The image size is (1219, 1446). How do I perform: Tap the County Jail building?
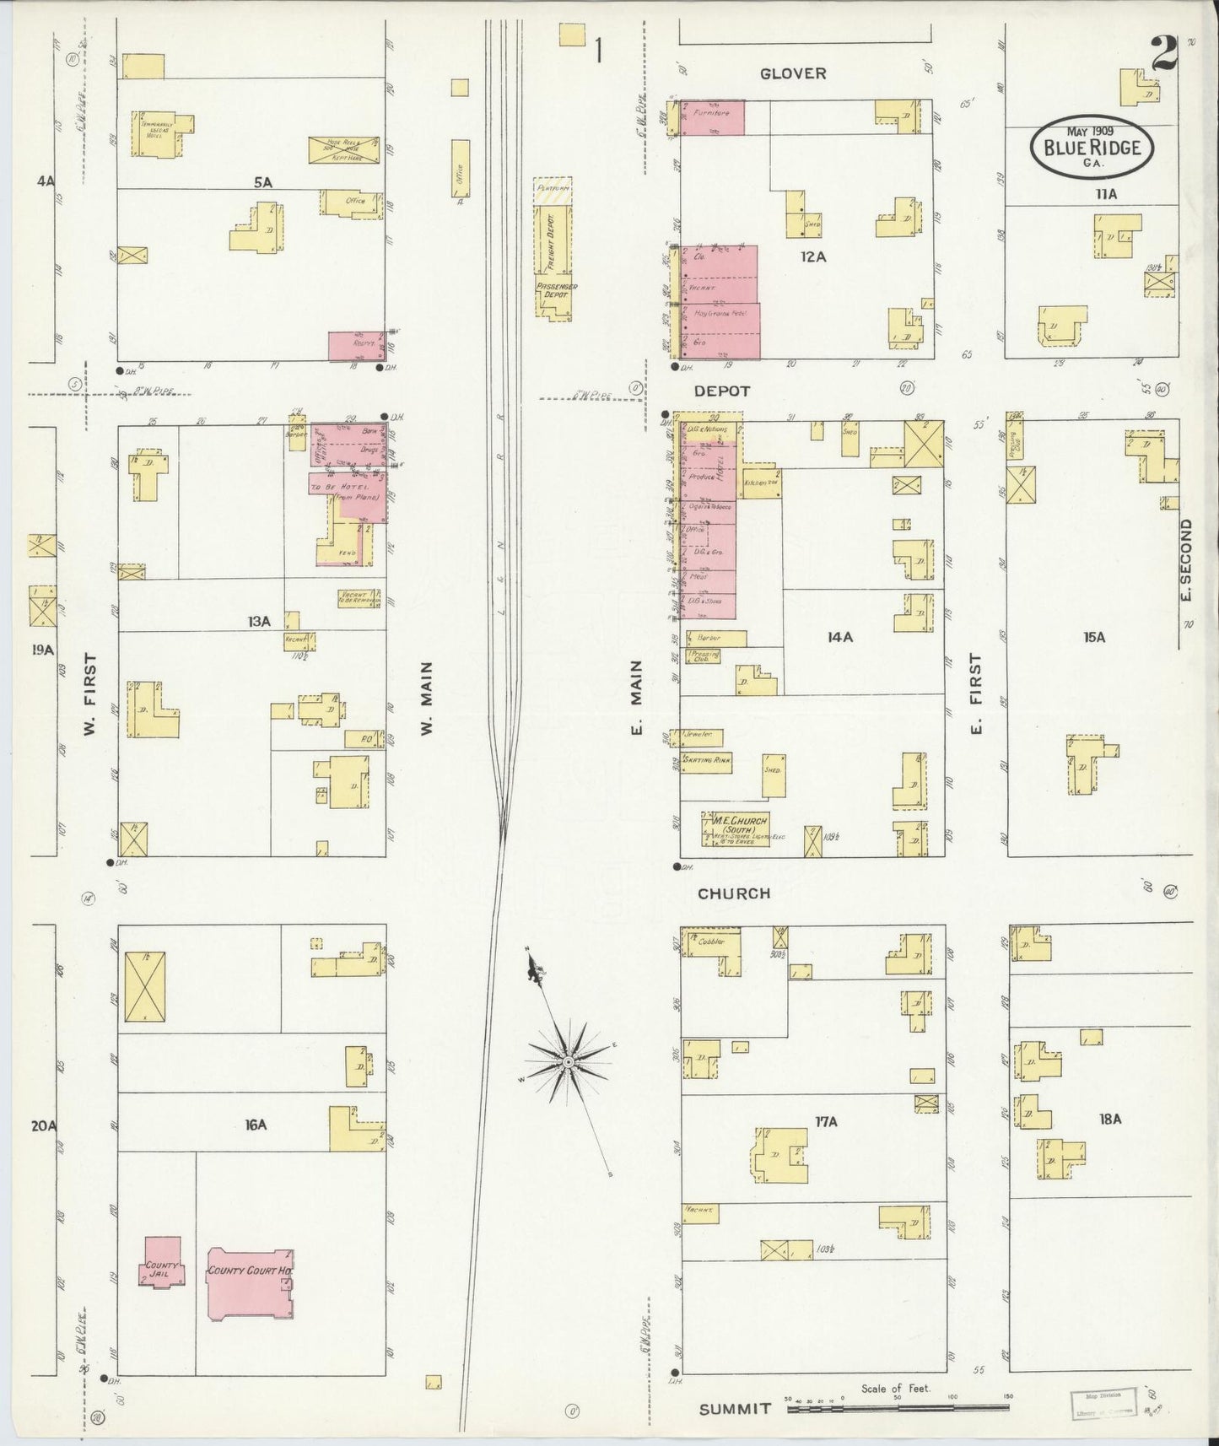(161, 1262)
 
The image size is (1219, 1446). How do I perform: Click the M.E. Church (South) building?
(735, 828)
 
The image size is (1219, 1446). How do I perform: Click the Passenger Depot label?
(555, 292)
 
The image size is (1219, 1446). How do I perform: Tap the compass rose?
(569, 1060)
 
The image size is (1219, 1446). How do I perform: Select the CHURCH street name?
(733, 893)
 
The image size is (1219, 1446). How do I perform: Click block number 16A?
(256, 1125)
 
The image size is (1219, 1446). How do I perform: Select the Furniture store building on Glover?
(712, 117)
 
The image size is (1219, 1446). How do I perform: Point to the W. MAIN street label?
(427, 697)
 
